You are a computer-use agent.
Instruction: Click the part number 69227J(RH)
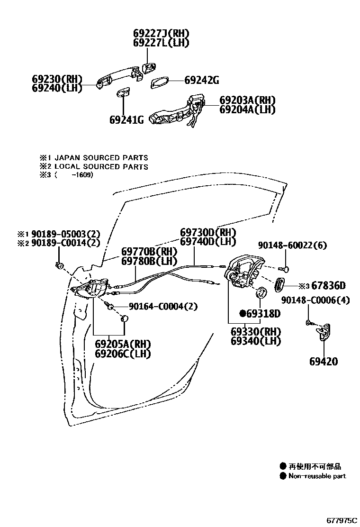tap(161, 33)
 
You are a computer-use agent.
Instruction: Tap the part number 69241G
tap(126, 119)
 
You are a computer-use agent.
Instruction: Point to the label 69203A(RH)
tap(247, 100)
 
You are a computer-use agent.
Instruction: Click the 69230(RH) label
tap(57, 79)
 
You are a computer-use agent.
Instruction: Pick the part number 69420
tap(324, 362)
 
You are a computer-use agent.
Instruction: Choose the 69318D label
tap(263, 313)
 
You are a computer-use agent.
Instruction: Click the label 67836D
tap(328, 286)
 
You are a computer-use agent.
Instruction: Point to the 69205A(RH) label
tap(123, 344)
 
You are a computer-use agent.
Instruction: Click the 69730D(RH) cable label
tap(207, 233)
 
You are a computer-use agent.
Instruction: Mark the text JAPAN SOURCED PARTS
tap(101, 158)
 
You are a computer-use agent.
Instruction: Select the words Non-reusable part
tap(317, 476)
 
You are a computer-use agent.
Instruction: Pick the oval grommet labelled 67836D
tap(280, 286)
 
